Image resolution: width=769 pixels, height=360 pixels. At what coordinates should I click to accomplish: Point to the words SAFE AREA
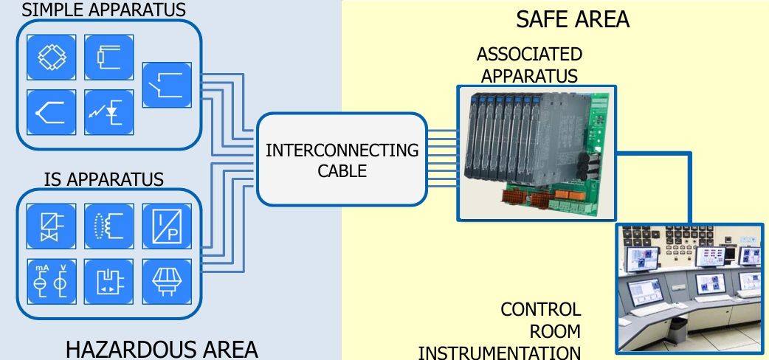click(572, 19)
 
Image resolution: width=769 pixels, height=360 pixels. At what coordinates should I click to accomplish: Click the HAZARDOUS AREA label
click(162, 348)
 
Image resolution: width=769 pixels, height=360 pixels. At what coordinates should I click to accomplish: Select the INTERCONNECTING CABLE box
click(342, 160)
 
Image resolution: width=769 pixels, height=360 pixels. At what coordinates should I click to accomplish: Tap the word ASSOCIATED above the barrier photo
click(528, 55)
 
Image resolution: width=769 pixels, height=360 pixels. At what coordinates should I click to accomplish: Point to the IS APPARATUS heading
click(103, 179)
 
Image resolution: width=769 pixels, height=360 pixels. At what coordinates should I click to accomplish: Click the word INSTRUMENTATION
click(499, 351)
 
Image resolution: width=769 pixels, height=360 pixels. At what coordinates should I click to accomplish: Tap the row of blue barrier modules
click(509, 136)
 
